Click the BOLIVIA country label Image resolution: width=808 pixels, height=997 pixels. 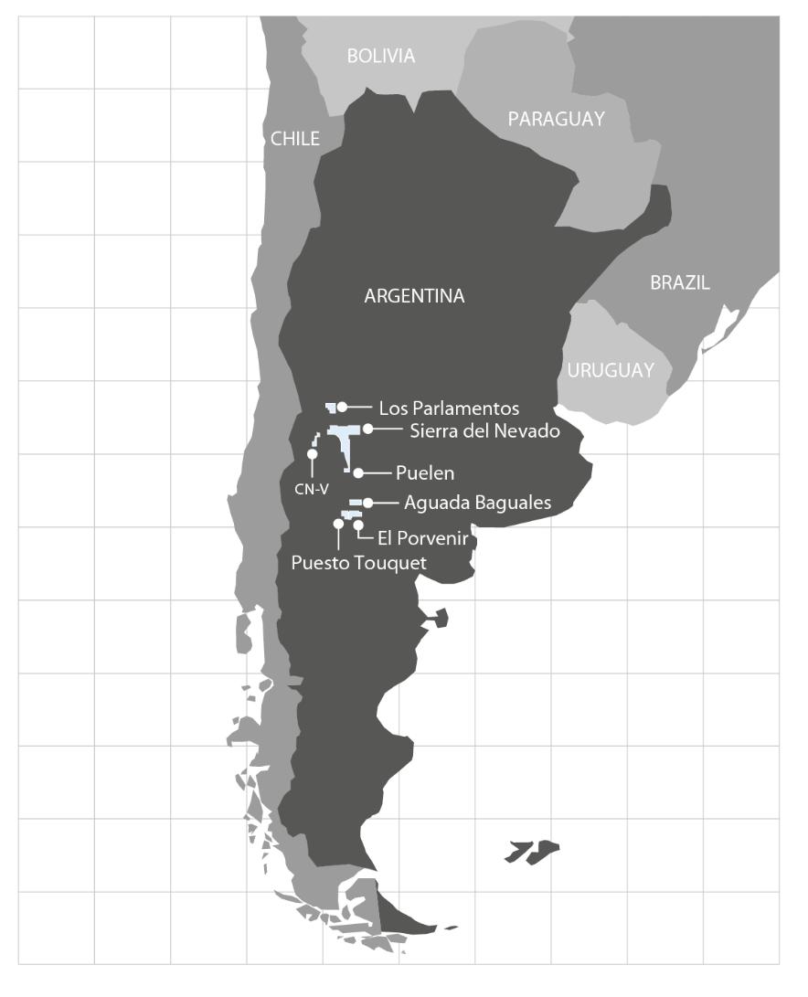pyautogui.click(x=381, y=57)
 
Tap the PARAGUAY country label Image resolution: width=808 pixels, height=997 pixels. pyautogui.click(x=557, y=119)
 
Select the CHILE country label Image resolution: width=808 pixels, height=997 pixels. pyautogui.click(x=295, y=139)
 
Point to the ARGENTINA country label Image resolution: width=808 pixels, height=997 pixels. pyautogui.click(x=414, y=296)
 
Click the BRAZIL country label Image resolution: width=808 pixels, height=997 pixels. pyautogui.click(x=680, y=282)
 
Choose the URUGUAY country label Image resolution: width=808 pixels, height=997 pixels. pyautogui.click(x=611, y=370)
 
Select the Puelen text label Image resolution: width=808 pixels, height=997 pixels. pyautogui.click(x=425, y=473)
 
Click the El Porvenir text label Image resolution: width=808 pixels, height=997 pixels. pyautogui.click(x=416, y=539)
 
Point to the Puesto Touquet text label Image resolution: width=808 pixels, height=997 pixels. pyautogui.click(x=358, y=563)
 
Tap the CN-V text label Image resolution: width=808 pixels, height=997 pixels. pyautogui.click(x=311, y=489)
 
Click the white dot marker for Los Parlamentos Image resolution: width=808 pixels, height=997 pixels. pyautogui.click(x=342, y=408)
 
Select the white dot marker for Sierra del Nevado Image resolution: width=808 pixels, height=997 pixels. pyautogui.click(x=367, y=429)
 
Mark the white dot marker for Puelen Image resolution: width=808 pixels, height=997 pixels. pyautogui.click(x=358, y=473)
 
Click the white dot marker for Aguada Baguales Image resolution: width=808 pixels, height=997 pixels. pyautogui.click(x=367, y=503)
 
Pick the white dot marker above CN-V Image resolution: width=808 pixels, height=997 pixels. pyautogui.click(x=312, y=454)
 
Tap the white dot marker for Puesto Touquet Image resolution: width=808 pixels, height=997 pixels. pyautogui.click(x=338, y=525)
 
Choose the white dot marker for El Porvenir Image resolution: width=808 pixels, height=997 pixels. pyautogui.click(x=358, y=525)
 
